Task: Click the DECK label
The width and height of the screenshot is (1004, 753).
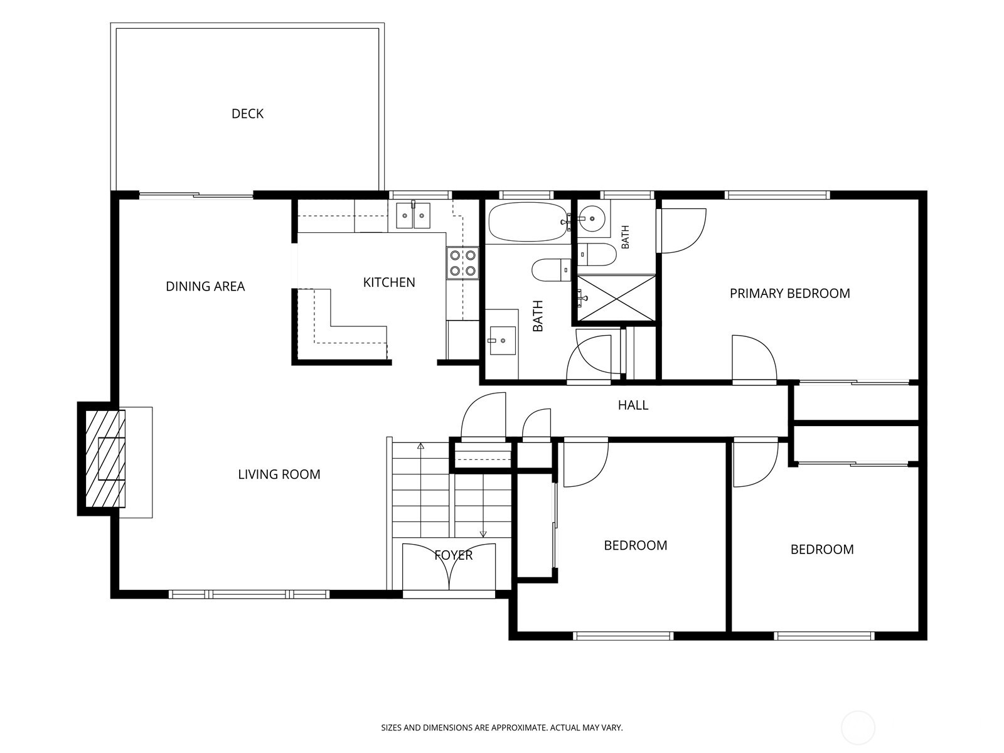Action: click(247, 114)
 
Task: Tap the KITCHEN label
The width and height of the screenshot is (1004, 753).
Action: click(389, 282)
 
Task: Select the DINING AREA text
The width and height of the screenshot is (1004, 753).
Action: click(205, 286)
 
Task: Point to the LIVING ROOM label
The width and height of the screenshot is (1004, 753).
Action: click(279, 474)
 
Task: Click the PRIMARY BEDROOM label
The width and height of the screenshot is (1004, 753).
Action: click(789, 293)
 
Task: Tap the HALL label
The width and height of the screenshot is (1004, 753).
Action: click(633, 405)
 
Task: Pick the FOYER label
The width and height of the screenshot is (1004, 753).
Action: click(453, 555)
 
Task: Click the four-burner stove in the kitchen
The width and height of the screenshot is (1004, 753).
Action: click(462, 263)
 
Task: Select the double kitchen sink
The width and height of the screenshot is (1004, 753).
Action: click(413, 215)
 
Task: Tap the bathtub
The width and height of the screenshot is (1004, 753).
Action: click(528, 222)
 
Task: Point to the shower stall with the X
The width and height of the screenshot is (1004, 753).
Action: click(616, 297)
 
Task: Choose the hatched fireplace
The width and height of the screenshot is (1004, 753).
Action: click(105, 459)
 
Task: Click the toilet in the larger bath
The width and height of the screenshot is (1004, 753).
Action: click(551, 270)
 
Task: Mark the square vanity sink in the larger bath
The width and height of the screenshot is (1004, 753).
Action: click(503, 340)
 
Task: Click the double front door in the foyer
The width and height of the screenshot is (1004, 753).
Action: click(449, 567)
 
